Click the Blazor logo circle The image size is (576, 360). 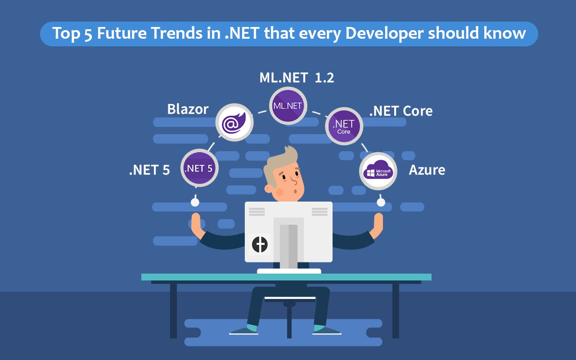tap(234, 122)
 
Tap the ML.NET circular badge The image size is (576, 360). tap(288, 106)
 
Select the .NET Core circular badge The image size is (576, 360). tap(344, 126)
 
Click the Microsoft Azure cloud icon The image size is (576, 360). tap(378, 171)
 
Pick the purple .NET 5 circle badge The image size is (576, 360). tap(199, 168)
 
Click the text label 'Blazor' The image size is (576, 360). tap(188, 109)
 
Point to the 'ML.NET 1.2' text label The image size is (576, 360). tap(297, 77)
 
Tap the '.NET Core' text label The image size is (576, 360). tap(400, 111)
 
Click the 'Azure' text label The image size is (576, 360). tap(427, 170)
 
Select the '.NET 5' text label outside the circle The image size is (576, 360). tap(149, 170)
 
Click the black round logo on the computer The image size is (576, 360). tap(260, 244)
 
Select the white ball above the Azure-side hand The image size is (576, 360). tap(381, 202)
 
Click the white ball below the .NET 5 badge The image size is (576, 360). tap(195, 202)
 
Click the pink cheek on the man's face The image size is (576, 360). tap(279, 192)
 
